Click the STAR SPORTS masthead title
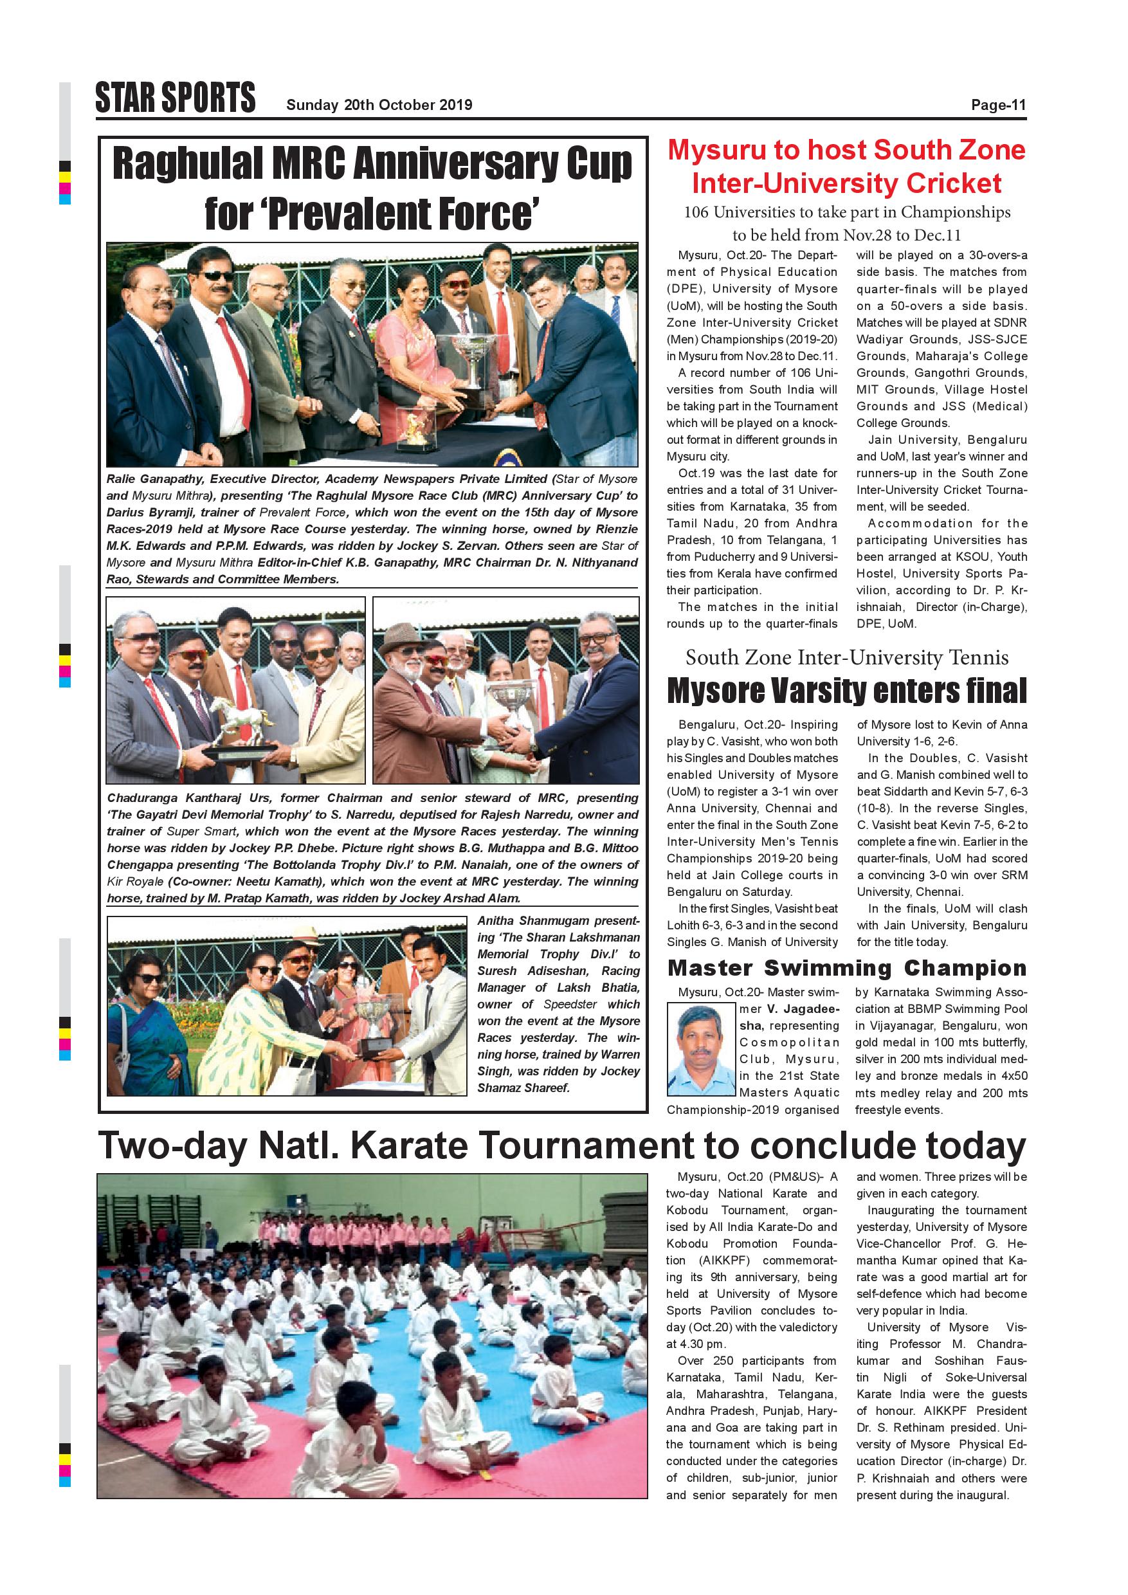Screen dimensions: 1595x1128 tap(175, 97)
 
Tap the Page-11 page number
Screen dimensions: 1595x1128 tap(998, 105)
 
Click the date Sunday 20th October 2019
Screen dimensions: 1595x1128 tap(379, 105)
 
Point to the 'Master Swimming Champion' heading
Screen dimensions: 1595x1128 tap(847, 968)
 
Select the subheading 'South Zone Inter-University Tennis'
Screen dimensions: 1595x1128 tap(847, 657)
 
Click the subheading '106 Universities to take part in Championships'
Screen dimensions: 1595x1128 tap(847, 213)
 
